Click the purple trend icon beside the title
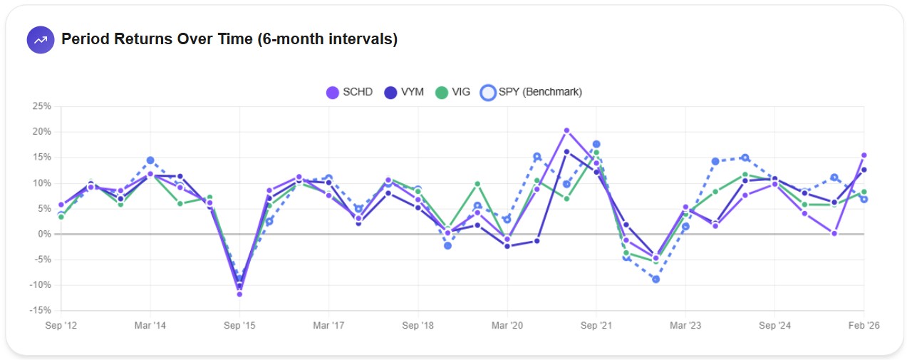pyautogui.click(x=41, y=39)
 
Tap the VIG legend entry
pyautogui.click(x=452, y=92)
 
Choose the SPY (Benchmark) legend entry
pyautogui.click(x=532, y=92)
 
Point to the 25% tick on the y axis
pyautogui.click(x=41, y=106)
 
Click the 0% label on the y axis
pyautogui.click(x=44, y=234)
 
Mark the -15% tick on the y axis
pyautogui.click(x=41, y=310)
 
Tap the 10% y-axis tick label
pyautogui.click(x=41, y=183)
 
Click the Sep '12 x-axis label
pyautogui.click(x=61, y=325)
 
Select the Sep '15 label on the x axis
pyautogui.click(x=239, y=325)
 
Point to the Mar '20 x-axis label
pyautogui.click(x=507, y=325)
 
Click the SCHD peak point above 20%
pyautogui.click(x=566, y=130)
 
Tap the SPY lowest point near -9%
pyautogui.click(x=655, y=279)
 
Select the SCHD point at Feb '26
pyautogui.click(x=864, y=155)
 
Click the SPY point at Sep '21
pyautogui.click(x=596, y=144)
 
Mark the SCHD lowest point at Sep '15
pyautogui.click(x=239, y=294)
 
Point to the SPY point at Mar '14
pyautogui.click(x=150, y=160)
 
